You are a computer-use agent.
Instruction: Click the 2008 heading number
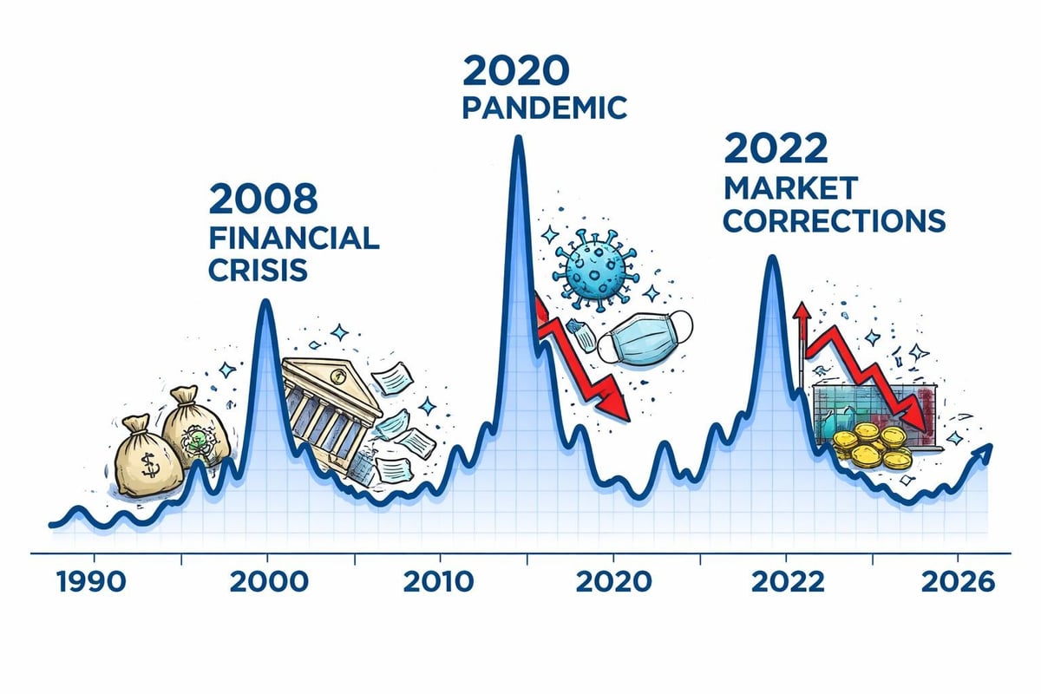click(264, 201)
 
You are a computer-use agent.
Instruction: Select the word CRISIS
click(259, 269)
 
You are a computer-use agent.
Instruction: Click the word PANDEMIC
click(543, 109)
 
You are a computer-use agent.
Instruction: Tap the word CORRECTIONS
click(835, 219)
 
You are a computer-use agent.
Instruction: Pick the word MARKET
click(790, 187)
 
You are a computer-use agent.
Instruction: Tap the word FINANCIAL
click(294, 237)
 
